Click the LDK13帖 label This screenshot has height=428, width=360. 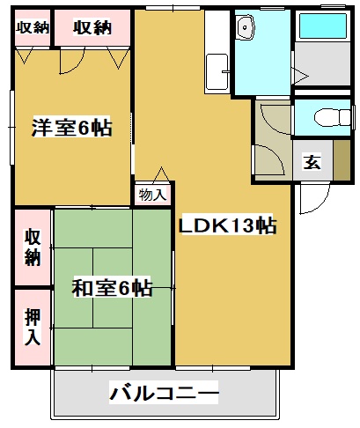coord(228,225)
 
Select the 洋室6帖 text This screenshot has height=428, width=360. coord(73,128)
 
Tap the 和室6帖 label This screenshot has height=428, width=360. coord(111,287)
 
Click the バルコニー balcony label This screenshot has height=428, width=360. coord(164,393)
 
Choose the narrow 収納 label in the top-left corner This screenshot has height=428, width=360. coord(33,26)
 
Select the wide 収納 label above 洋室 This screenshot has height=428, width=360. coord(92,26)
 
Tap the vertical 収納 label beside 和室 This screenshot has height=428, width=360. coord(33,247)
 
